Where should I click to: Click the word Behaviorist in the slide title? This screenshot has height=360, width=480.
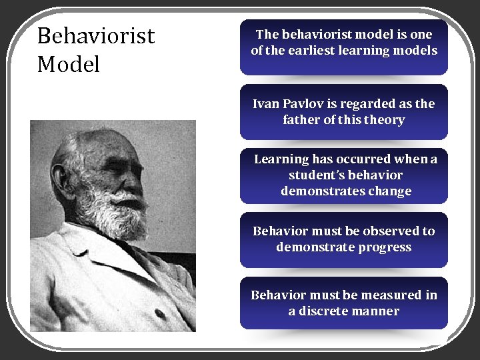96,36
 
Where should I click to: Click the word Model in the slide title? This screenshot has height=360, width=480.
69,65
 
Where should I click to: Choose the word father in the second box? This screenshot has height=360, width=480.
303,120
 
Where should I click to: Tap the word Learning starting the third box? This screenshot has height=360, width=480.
282,159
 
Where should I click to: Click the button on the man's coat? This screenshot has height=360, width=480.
159,313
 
